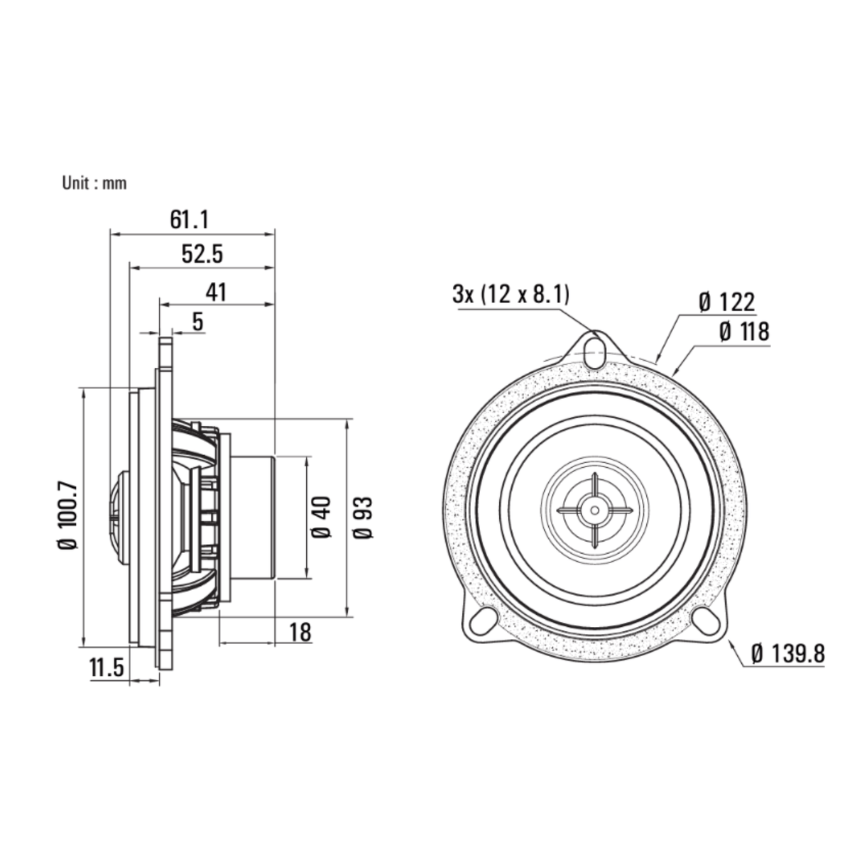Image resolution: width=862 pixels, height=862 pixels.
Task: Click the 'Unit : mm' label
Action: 94,183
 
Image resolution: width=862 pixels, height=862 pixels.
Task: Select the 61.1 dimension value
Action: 189,219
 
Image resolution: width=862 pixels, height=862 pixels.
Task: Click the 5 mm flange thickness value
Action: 197,322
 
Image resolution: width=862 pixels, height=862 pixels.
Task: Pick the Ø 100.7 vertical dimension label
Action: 68,515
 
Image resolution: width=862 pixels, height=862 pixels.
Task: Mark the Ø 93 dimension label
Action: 363,518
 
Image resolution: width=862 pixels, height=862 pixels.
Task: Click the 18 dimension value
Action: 300,631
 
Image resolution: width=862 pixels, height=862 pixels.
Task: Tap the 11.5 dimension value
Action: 107,667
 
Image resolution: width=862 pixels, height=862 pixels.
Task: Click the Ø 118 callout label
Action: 743,331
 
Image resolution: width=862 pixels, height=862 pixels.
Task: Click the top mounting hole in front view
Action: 595,349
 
